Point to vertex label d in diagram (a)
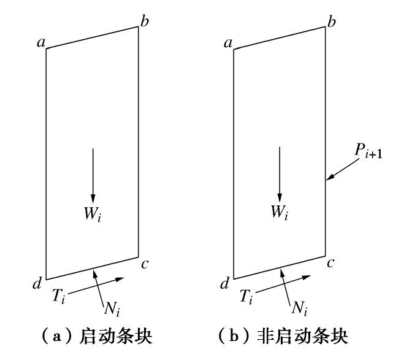click(37, 283)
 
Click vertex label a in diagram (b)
click(227, 42)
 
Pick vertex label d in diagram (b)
click(224, 283)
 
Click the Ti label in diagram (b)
click(246, 297)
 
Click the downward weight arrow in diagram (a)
click(93, 174)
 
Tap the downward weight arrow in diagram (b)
click(280, 174)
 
